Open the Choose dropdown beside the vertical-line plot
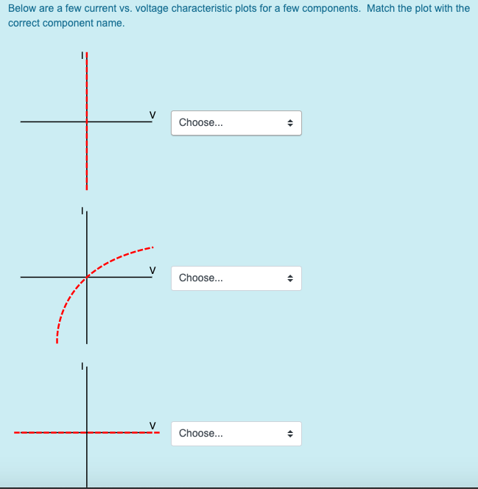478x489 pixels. [x=236, y=123]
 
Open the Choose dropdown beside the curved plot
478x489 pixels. [x=236, y=278]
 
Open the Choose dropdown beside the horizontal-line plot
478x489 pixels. [x=236, y=434]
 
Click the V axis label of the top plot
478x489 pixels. [x=152, y=114]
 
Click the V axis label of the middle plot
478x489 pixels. [x=152, y=270]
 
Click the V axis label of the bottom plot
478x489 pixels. [x=152, y=425]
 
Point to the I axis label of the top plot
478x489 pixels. [x=82, y=55]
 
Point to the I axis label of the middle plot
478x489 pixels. [x=82, y=211]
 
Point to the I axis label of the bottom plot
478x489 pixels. [x=82, y=366]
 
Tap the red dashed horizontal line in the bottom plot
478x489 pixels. [x=44, y=432]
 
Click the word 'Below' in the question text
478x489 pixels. [x=23, y=9]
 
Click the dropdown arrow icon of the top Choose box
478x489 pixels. [x=290, y=123]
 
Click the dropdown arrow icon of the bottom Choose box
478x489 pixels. [x=290, y=434]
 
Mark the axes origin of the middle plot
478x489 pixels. [x=87, y=277]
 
